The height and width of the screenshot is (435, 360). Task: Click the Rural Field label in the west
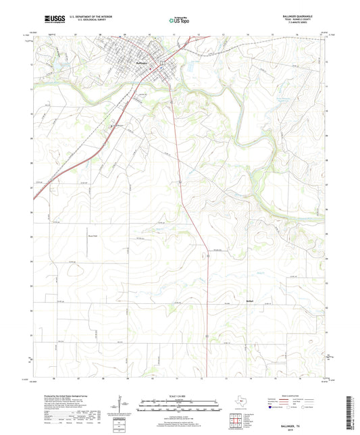click(x=56, y=236)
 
